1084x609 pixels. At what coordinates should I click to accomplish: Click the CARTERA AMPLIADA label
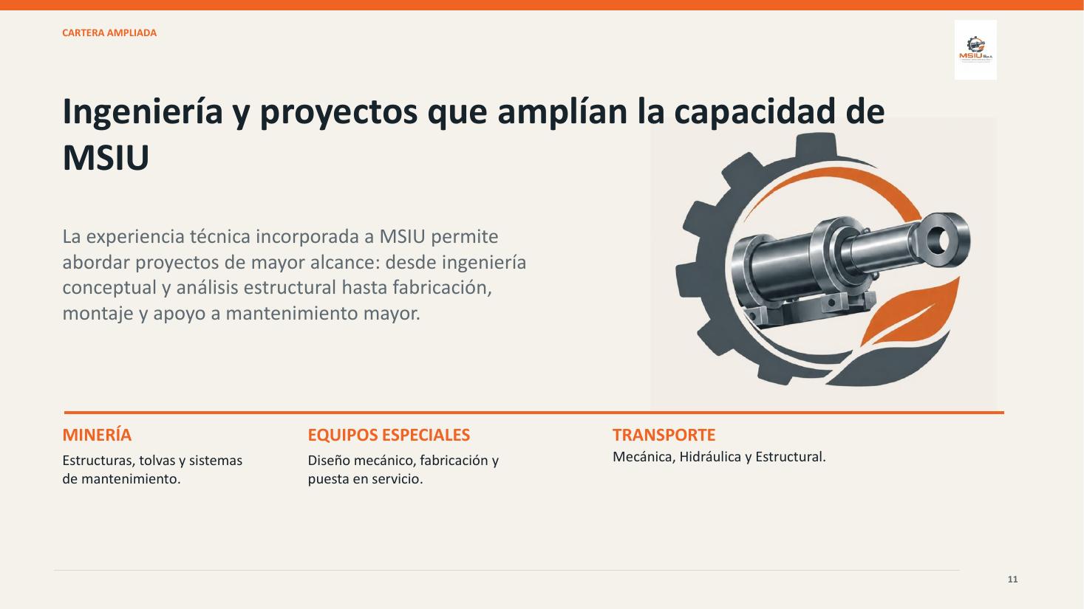point(109,33)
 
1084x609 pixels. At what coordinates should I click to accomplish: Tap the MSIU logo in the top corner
point(975,49)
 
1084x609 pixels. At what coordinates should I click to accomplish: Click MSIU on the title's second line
point(106,157)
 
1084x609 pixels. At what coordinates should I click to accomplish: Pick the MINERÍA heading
point(97,435)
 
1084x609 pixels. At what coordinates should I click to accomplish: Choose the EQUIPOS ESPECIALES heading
point(389,435)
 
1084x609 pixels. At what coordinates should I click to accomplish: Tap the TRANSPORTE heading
point(664,435)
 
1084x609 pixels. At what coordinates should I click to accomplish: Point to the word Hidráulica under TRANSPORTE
point(710,457)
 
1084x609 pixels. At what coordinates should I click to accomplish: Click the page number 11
point(1013,579)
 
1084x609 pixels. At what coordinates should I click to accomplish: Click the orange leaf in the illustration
point(910,314)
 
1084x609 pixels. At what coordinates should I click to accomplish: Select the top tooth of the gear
point(816,145)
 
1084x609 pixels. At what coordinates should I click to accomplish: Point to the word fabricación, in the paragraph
point(442,288)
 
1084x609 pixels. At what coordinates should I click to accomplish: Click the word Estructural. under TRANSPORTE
point(791,457)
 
